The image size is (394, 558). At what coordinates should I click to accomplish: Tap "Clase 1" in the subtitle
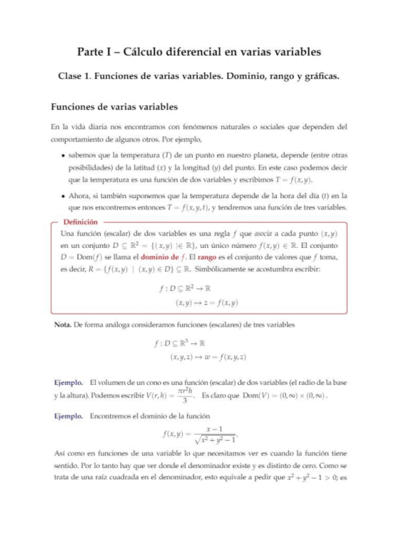pos(73,76)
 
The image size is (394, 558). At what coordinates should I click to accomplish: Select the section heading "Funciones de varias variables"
pos(114,106)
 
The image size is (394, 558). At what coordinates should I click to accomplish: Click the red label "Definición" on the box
pos(81,222)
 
